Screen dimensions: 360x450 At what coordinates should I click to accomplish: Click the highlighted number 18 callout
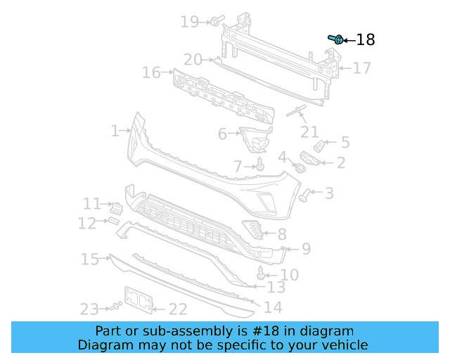click(366, 40)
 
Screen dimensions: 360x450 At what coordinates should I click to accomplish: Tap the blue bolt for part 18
click(336, 39)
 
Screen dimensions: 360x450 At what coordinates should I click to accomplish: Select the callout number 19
click(190, 22)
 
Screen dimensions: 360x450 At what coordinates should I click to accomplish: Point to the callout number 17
click(361, 68)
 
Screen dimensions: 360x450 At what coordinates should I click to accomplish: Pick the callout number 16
click(151, 72)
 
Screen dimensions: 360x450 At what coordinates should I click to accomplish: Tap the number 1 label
click(115, 131)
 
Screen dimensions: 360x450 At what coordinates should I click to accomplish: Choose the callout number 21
click(309, 132)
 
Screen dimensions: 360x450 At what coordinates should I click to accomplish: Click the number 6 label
click(222, 134)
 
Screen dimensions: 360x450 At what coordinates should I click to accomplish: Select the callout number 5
click(345, 143)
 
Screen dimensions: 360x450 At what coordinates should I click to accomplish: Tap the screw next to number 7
click(260, 165)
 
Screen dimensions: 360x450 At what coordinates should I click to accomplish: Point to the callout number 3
click(328, 193)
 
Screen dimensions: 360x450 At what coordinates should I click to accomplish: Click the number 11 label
click(92, 204)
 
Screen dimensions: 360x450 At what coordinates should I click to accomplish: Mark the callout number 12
click(87, 224)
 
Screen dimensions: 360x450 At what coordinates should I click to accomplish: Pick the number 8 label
click(281, 234)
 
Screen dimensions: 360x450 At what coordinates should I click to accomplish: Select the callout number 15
click(89, 259)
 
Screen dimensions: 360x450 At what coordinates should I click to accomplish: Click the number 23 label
click(89, 309)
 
